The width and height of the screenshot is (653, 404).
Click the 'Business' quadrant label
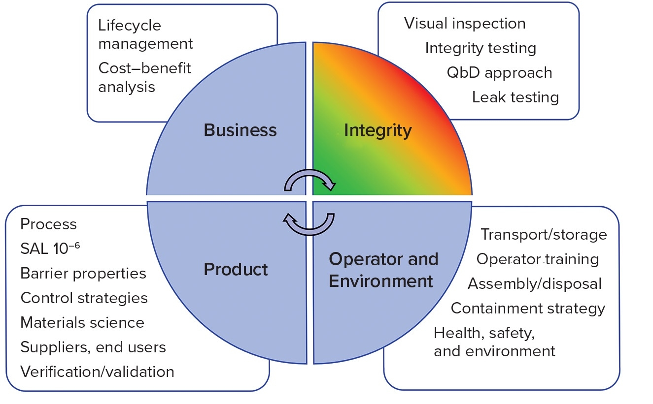click(240, 130)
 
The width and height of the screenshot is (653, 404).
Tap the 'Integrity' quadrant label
click(378, 130)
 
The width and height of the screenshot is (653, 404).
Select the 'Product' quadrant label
click(236, 270)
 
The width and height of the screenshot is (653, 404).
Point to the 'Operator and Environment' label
click(383, 270)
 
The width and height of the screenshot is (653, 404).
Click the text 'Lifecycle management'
click(145, 34)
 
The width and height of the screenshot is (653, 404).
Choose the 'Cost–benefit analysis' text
click(144, 77)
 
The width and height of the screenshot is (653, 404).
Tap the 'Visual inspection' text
click(465, 24)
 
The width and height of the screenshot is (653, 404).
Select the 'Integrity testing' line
click(481, 48)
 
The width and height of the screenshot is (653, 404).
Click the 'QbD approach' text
click(499, 73)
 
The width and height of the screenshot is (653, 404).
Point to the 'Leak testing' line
click(515, 97)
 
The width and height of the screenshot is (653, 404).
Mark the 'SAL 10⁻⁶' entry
click(50, 249)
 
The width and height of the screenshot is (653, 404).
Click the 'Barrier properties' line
click(83, 274)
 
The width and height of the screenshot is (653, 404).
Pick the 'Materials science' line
click(82, 323)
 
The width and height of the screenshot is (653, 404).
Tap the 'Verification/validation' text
click(97, 372)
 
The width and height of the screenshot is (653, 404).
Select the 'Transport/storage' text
click(544, 235)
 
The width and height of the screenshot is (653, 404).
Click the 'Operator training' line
click(538, 259)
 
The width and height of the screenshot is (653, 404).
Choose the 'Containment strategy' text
click(528, 309)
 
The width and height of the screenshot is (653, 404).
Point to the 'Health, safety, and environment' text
click(494, 342)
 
